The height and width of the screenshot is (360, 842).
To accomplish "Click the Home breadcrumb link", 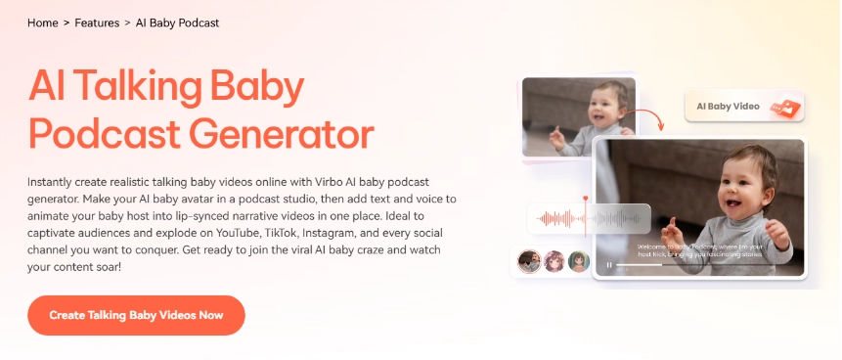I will point(43,22).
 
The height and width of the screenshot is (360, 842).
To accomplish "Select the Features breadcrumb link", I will point(97,22).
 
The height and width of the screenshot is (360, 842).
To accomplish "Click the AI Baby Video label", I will point(729,105).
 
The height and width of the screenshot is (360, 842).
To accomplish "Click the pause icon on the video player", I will point(609,264).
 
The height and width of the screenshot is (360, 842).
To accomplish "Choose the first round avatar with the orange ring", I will point(528,261).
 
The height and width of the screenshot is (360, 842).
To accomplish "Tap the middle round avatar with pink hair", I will point(554,261).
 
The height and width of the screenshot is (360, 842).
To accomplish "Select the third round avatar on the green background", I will point(578,261).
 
